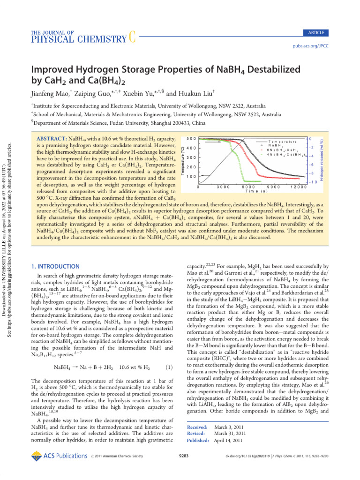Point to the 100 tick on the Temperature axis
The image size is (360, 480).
(x=190, y=177)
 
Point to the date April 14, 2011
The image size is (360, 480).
(x=228, y=441)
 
